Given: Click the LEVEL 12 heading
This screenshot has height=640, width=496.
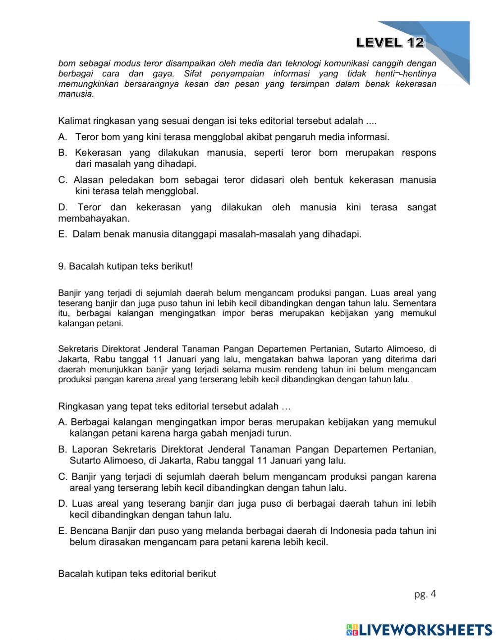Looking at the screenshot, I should [390, 43].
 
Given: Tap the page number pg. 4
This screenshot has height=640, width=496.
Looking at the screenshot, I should [425, 594].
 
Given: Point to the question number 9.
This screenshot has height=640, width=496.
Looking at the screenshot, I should [62, 266].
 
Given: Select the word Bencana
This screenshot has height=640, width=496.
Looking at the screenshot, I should [86, 530].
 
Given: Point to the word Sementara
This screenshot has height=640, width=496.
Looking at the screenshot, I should [416, 302].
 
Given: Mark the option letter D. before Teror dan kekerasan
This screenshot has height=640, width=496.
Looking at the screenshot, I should [62, 207].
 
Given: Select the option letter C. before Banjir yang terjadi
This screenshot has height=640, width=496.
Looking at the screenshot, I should [62, 477].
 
